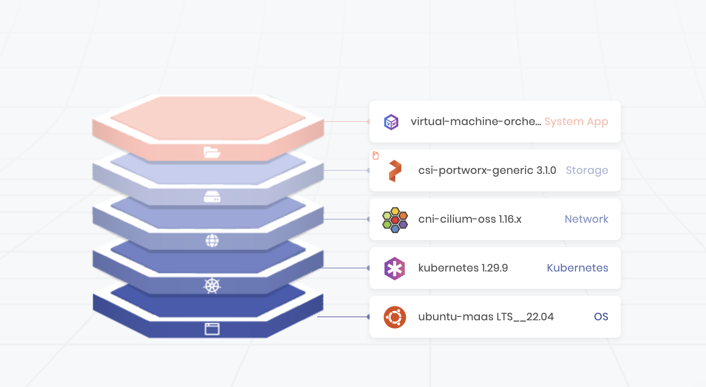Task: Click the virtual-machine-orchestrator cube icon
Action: point(391,122)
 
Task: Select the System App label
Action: point(576,122)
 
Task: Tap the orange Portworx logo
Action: point(395,171)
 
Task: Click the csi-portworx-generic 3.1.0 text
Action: point(487,170)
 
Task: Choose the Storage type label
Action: point(586,170)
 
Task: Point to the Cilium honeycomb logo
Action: point(395,220)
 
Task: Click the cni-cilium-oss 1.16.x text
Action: point(470,219)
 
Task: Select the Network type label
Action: point(586,219)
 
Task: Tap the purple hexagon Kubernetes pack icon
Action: point(394,268)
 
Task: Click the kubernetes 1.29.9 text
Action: point(463,268)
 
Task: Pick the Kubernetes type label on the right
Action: point(577,268)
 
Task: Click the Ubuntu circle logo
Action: point(394,317)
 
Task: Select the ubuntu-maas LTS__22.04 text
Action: point(486,317)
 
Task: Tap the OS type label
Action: point(601,317)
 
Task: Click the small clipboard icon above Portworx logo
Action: point(376,156)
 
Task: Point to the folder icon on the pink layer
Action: point(212,152)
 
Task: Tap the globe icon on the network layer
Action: point(212,241)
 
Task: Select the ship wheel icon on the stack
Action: point(212,286)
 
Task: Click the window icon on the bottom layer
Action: point(212,329)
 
